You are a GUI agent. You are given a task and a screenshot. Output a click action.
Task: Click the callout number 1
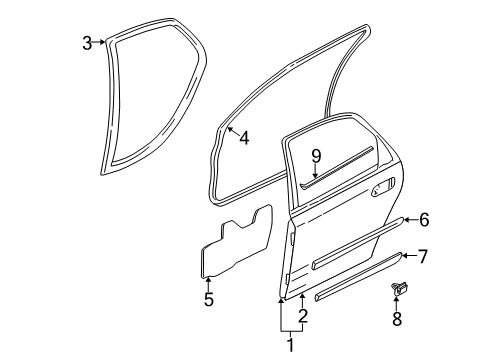[291, 346]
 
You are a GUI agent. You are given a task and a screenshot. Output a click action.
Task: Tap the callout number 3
[88, 42]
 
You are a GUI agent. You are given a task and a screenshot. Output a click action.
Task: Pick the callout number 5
[208, 298]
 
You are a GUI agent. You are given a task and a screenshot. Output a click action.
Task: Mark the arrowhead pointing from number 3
[103, 42]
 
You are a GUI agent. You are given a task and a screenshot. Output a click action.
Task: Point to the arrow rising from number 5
[208, 280]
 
